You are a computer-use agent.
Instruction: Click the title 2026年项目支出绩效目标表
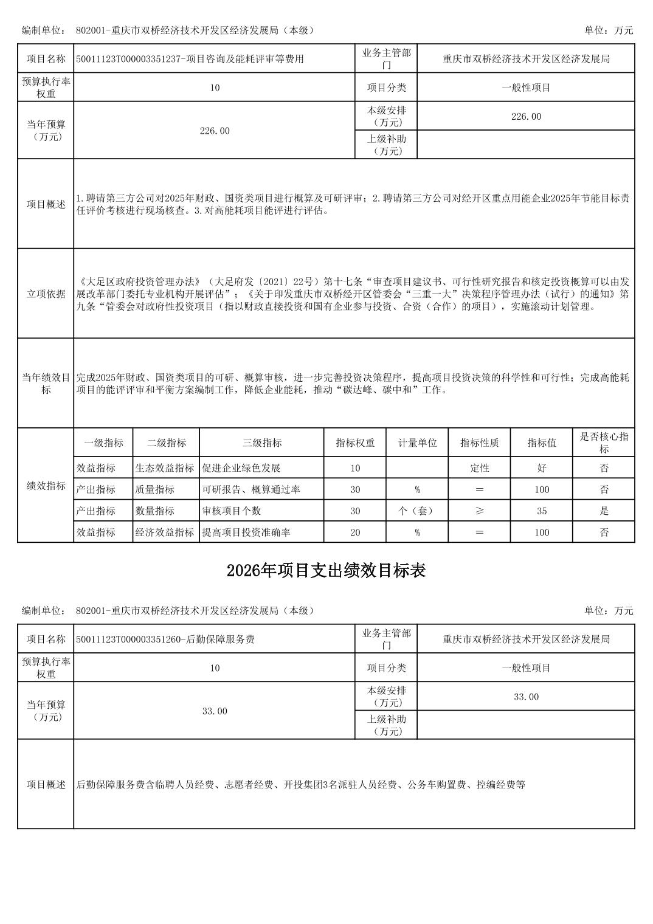pos(326,570)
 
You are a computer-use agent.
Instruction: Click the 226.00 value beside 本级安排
pos(526,116)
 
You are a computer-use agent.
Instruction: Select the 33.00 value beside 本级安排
pos(526,697)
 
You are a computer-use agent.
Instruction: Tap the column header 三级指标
pos(262,443)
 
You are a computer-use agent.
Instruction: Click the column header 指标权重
pos(355,443)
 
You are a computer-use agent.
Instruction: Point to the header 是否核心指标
pos(604,443)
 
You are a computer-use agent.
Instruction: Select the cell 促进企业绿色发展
pos(241,468)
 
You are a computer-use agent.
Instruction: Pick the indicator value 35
pos(542,511)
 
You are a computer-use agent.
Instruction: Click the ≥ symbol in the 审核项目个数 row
pos(480,511)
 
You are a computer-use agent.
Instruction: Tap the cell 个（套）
pos(417,511)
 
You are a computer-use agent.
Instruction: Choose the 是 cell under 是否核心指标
pos(604,511)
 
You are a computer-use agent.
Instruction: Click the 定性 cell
pos(480,468)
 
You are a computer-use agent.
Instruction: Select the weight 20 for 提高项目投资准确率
pos(355,533)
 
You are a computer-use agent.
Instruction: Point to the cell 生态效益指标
pos(165,468)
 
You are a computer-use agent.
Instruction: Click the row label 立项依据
pos(46,294)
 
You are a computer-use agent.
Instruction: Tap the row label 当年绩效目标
pos(46,384)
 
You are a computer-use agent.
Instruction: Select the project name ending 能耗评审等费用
pos(190,59)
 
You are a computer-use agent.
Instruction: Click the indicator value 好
pos(542,468)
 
